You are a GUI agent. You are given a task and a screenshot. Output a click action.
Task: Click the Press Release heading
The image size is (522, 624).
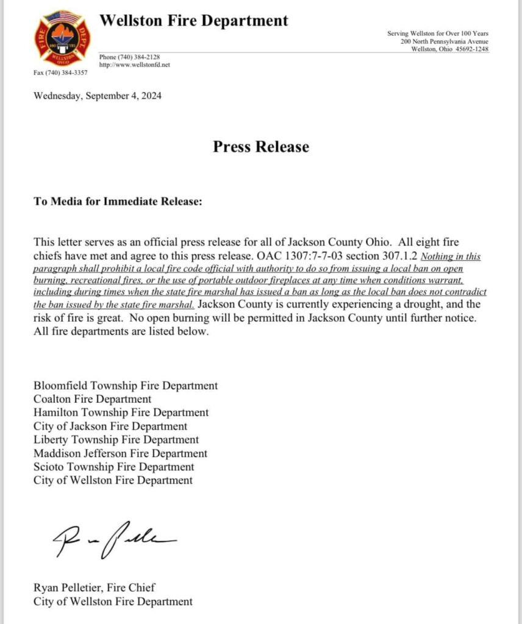click(261, 147)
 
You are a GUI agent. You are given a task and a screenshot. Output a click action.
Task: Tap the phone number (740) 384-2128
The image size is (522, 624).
click(129, 57)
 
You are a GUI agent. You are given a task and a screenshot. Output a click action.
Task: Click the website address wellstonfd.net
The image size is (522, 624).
click(134, 65)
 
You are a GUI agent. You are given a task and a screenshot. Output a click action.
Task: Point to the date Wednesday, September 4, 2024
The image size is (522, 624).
click(98, 96)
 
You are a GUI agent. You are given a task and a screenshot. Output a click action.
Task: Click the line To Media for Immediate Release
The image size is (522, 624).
click(118, 202)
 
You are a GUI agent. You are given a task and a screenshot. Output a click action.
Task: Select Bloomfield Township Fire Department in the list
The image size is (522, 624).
click(126, 386)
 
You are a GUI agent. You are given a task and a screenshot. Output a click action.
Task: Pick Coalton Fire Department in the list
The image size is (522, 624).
click(93, 399)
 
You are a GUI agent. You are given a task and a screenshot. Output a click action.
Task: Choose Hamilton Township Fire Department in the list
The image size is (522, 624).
click(121, 413)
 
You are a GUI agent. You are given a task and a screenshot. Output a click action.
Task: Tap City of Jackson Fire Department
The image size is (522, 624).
click(110, 427)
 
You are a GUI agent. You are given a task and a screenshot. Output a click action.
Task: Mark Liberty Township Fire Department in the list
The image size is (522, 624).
click(116, 439)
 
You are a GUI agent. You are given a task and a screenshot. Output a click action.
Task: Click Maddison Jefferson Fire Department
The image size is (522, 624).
click(120, 453)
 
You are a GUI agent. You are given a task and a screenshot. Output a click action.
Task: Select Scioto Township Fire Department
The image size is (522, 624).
click(114, 467)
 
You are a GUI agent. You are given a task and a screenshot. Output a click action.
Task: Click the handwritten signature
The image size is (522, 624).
click(113, 539)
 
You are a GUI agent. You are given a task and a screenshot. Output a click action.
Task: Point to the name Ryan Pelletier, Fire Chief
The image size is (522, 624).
click(95, 588)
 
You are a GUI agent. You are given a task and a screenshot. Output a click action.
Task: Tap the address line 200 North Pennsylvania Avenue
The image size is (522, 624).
click(445, 41)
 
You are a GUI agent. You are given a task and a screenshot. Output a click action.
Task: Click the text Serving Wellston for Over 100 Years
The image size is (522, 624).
click(438, 33)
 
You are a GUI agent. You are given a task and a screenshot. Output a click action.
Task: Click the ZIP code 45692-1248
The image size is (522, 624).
click(473, 49)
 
